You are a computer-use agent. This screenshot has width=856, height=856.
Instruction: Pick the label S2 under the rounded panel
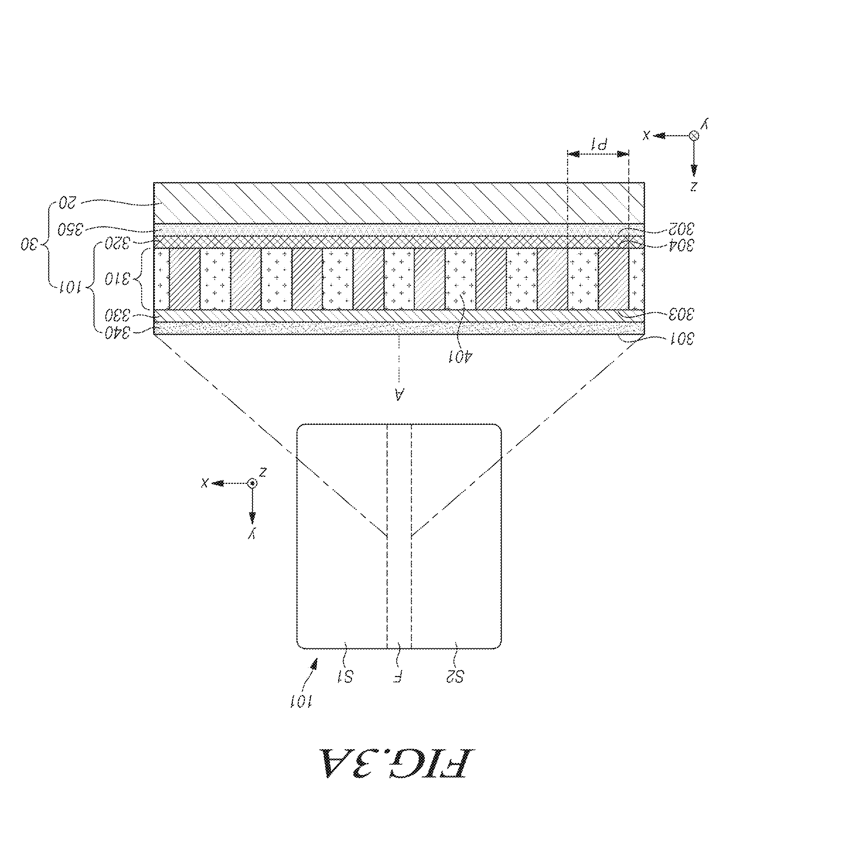click(455, 677)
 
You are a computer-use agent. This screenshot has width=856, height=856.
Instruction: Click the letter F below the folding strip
click(398, 677)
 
